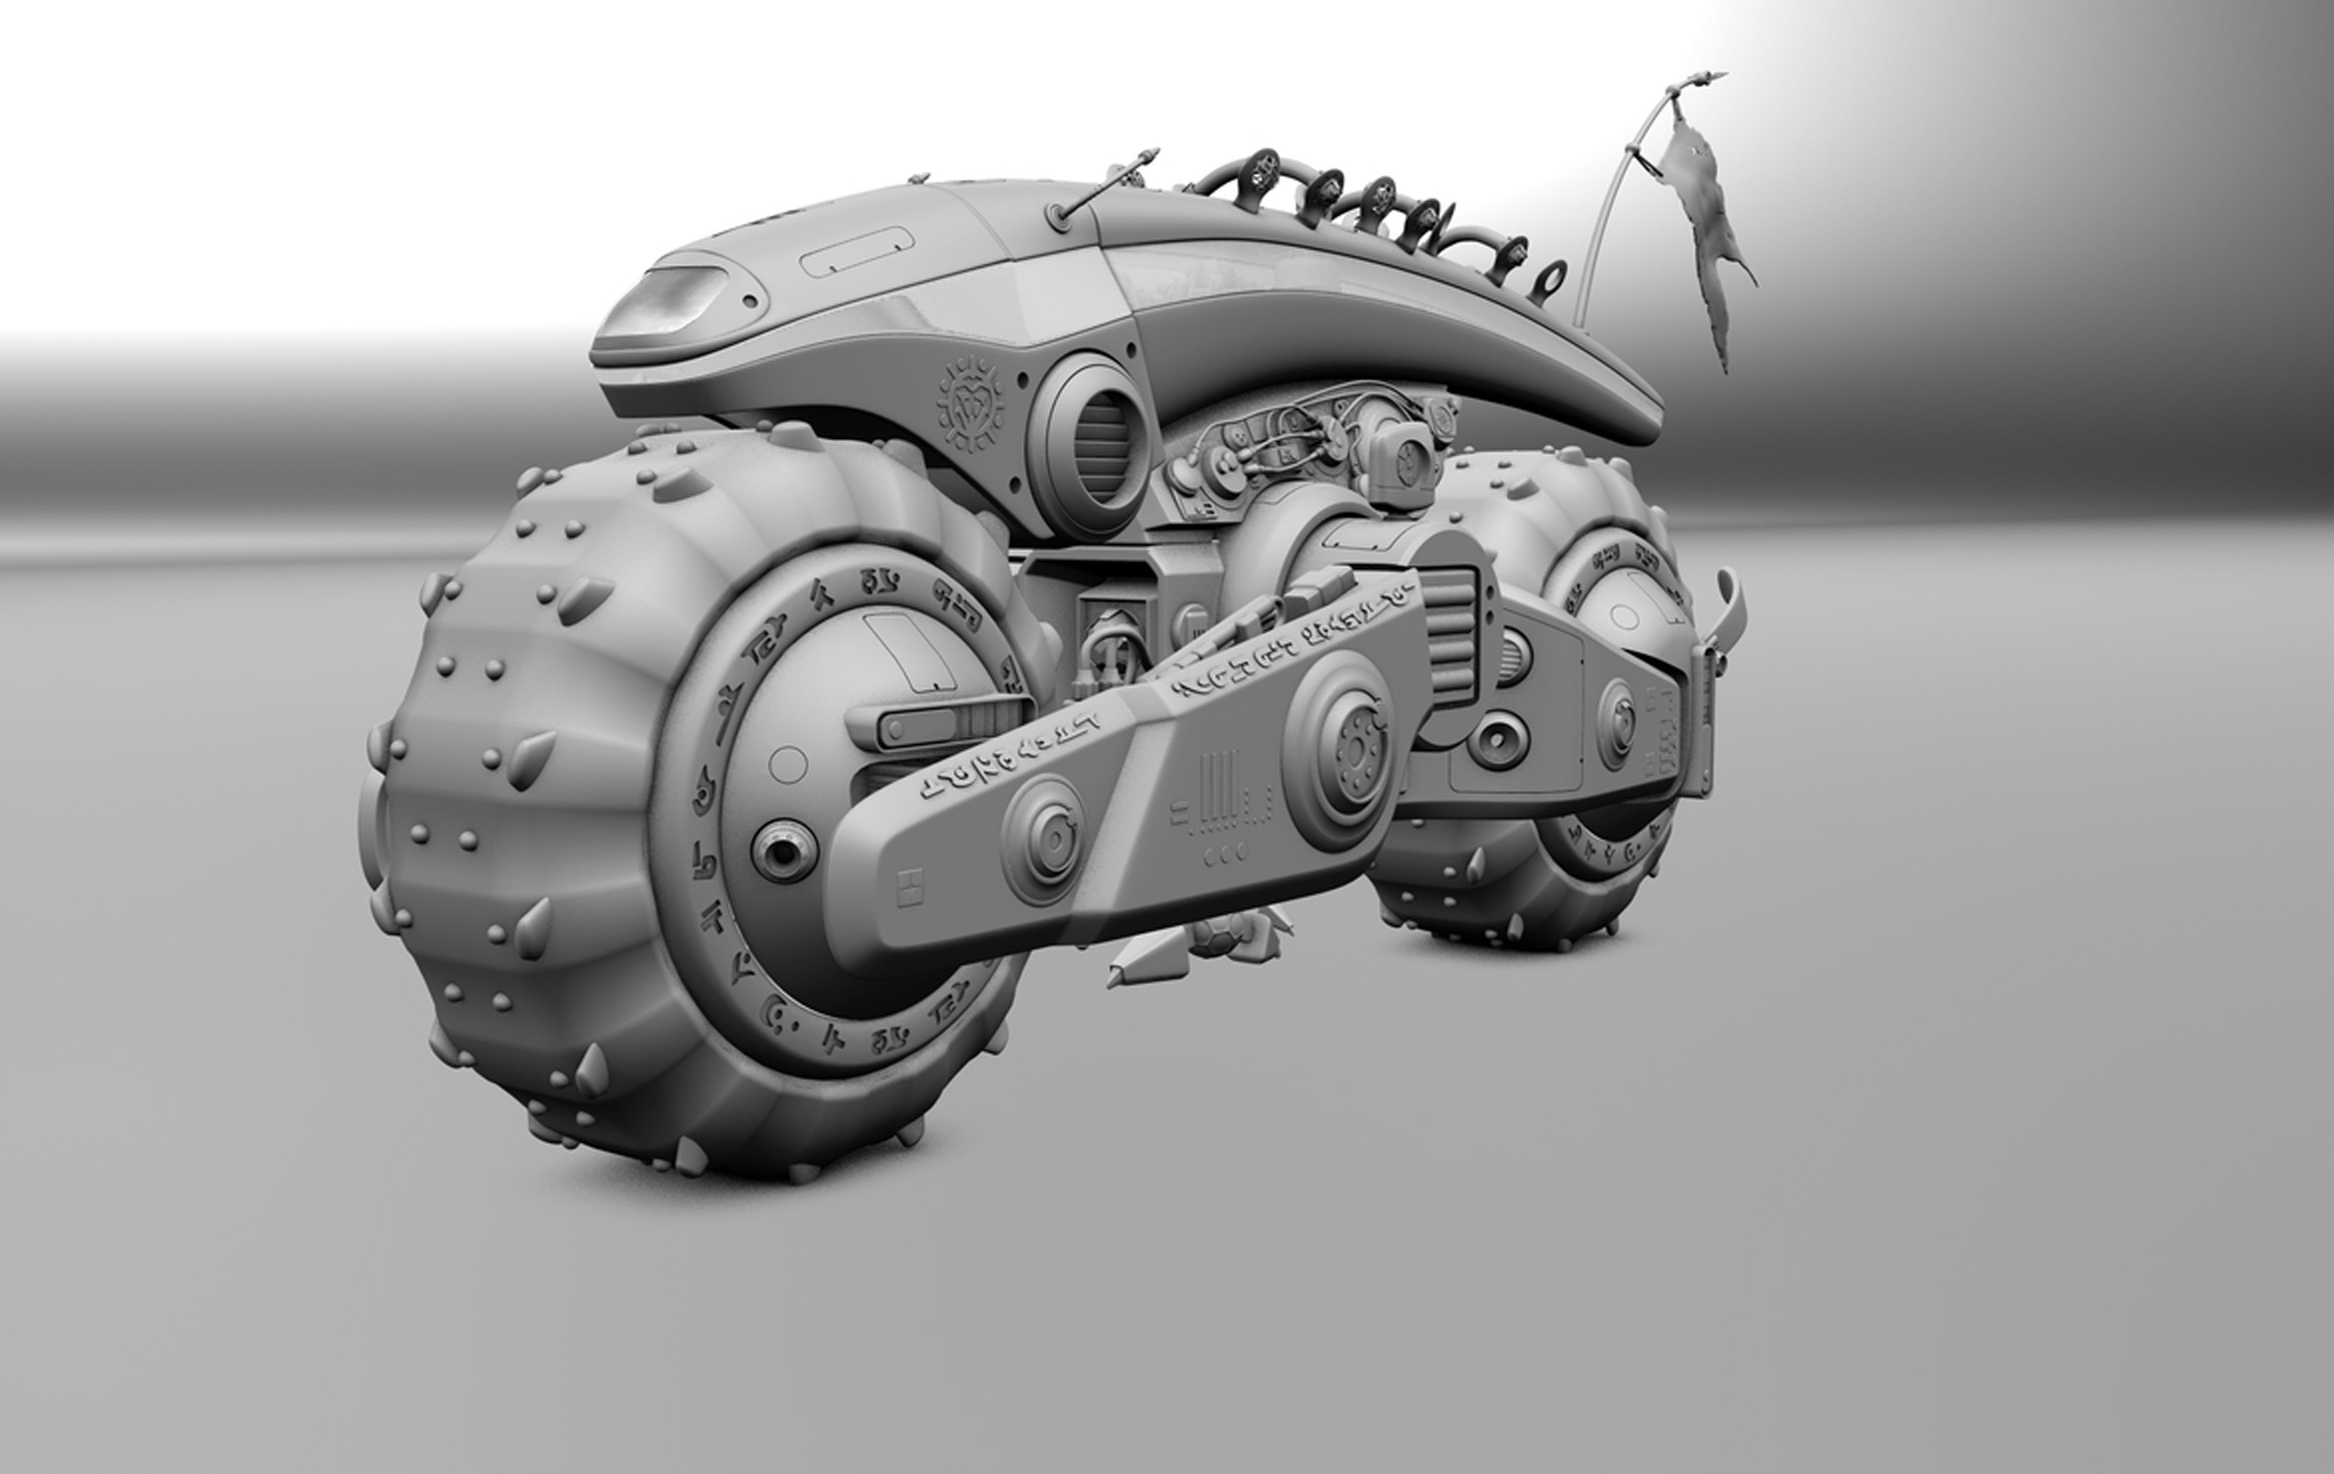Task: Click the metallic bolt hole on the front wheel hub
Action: [783, 850]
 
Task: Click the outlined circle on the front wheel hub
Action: [788, 764]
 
